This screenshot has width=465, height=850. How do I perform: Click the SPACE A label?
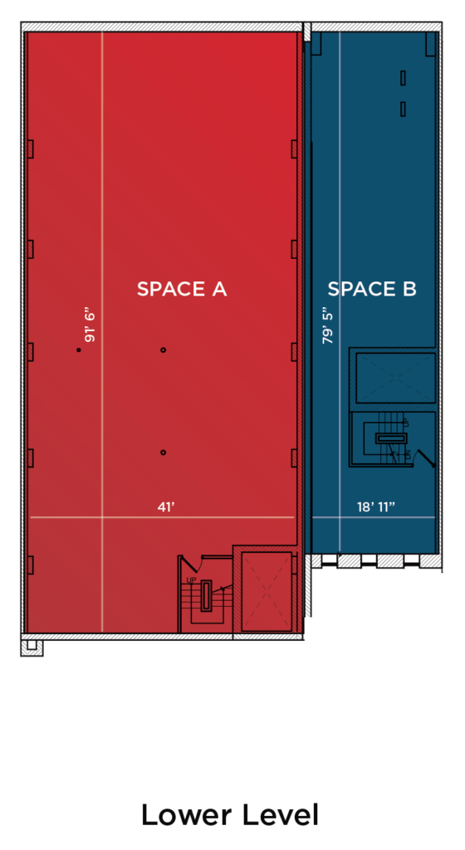pyautogui.click(x=182, y=289)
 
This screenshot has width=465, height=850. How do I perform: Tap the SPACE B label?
pyautogui.click(x=372, y=289)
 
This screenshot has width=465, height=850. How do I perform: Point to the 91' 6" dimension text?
pyautogui.click(x=90, y=325)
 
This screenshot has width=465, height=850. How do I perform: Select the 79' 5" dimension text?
pyautogui.click(x=327, y=327)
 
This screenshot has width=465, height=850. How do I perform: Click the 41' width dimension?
pyautogui.click(x=166, y=507)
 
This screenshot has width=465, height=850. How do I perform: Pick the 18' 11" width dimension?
pyautogui.click(x=375, y=507)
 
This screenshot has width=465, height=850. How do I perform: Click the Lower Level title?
pyautogui.click(x=230, y=815)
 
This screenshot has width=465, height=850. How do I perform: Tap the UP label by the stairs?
pyautogui.click(x=191, y=580)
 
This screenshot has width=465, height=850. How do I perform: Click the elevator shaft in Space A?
pyautogui.click(x=267, y=591)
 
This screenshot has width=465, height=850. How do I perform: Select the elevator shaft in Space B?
pyautogui.click(x=395, y=378)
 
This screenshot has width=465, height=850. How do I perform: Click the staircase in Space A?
pyautogui.click(x=207, y=595)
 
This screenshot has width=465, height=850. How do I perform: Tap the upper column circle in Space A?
pyautogui.click(x=163, y=350)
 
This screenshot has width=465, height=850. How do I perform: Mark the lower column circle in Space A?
pyautogui.click(x=163, y=452)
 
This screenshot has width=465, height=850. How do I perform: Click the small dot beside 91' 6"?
pyautogui.click(x=79, y=350)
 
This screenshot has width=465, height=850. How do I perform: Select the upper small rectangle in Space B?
pyautogui.click(x=404, y=78)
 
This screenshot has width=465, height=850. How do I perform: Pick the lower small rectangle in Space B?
pyautogui.click(x=404, y=109)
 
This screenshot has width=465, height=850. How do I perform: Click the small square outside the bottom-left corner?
pyautogui.click(x=32, y=644)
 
